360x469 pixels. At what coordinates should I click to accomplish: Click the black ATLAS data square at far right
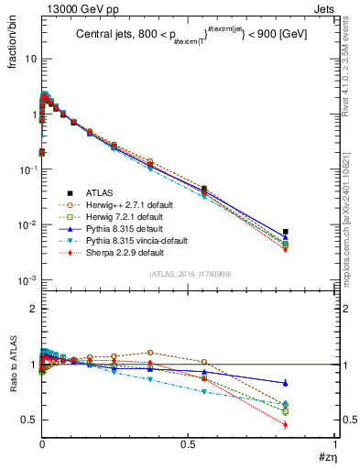pyautogui.click(x=286, y=232)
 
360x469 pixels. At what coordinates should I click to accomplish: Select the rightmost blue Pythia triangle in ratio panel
pyautogui.click(x=286, y=383)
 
